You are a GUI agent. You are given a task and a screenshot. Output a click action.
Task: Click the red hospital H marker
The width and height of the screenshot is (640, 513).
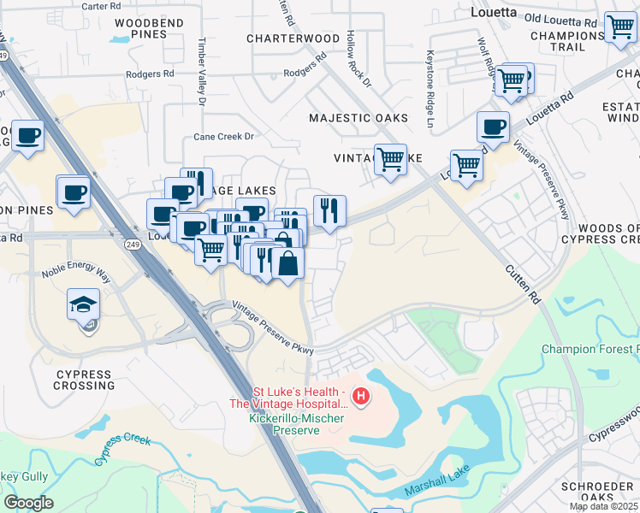click(362, 396)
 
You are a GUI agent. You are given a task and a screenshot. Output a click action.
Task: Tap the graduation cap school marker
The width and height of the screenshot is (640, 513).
click(85, 305)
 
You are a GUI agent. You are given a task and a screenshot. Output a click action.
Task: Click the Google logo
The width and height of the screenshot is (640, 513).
click(28, 503)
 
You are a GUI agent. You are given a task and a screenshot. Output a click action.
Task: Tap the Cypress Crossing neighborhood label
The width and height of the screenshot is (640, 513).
click(84, 380)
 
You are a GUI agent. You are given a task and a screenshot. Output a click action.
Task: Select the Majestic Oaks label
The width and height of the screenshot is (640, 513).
click(359, 118)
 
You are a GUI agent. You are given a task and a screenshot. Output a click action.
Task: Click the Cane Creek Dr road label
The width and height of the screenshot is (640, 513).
click(224, 136)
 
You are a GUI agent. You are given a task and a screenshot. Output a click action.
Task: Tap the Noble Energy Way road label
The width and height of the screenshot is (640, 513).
click(77, 274)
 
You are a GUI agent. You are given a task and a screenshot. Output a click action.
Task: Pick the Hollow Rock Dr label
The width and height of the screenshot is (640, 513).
click(359, 60)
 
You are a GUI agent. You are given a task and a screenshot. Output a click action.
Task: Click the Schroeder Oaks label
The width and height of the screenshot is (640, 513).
click(597, 492)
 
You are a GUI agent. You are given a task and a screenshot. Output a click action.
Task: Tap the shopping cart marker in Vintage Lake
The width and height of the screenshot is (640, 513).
click(391, 158)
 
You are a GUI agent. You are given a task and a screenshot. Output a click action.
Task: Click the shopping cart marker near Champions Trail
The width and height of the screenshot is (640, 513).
click(620, 27)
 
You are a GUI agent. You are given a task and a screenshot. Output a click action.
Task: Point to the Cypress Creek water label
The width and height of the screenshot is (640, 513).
click(122, 450)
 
